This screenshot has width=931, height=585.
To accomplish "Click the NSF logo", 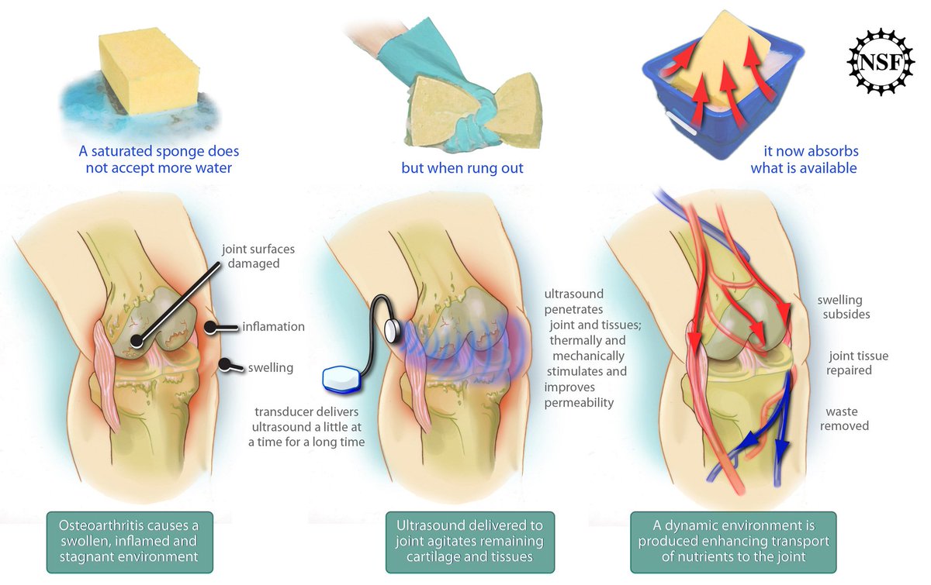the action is click(881, 62).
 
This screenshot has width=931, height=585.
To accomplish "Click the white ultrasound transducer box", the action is click(341, 379).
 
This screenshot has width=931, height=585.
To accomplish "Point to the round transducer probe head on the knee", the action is click(393, 330).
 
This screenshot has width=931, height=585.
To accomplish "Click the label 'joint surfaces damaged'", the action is click(258, 256).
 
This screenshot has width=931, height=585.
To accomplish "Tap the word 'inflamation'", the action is click(273, 327).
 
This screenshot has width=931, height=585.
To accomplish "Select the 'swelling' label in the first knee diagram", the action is click(271, 367).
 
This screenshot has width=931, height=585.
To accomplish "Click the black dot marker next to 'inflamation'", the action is click(210, 328).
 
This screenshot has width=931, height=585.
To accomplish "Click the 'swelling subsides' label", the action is click(846, 307).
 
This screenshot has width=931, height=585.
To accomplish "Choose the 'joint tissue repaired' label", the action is click(857, 363).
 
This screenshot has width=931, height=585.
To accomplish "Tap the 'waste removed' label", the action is click(844, 418).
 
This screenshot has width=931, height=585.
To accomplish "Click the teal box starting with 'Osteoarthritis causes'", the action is click(130, 542).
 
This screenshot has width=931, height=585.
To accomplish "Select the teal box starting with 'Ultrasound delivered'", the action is click(470, 542).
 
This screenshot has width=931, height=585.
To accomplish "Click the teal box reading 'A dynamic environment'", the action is click(734, 542).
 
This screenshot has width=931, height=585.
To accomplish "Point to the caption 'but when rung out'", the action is click(462, 168).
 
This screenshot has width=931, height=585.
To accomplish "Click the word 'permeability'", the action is click(579, 403).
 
